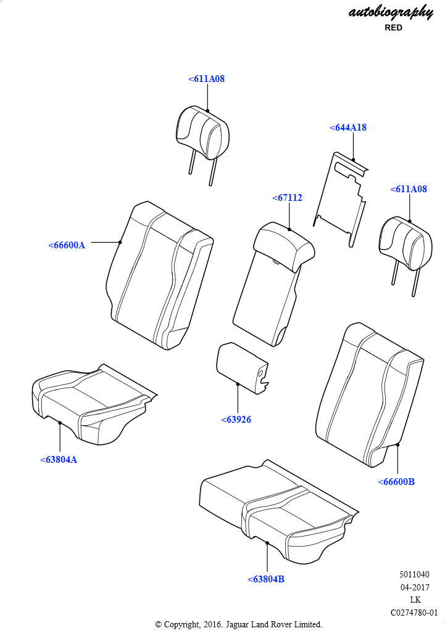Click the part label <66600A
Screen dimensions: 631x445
[x=67, y=245]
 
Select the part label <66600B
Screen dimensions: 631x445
[x=396, y=482]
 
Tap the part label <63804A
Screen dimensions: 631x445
[x=59, y=460]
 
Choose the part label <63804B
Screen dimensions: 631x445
[x=266, y=579]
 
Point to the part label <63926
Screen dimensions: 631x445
[x=236, y=420]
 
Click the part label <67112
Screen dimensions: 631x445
[x=287, y=198]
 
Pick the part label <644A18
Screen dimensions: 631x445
[x=348, y=128]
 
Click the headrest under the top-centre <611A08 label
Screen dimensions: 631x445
[x=202, y=132]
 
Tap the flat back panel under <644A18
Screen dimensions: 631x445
[x=341, y=197]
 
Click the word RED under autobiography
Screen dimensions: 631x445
[x=393, y=28]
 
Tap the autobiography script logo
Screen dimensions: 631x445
[x=391, y=12]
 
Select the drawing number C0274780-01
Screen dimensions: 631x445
[x=414, y=613]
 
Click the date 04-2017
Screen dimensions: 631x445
[x=415, y=587]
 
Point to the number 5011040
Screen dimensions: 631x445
[x=414, y=575]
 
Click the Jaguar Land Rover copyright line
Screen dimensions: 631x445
[x=238, y=624]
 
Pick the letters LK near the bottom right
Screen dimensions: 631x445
[x=415, y=600]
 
